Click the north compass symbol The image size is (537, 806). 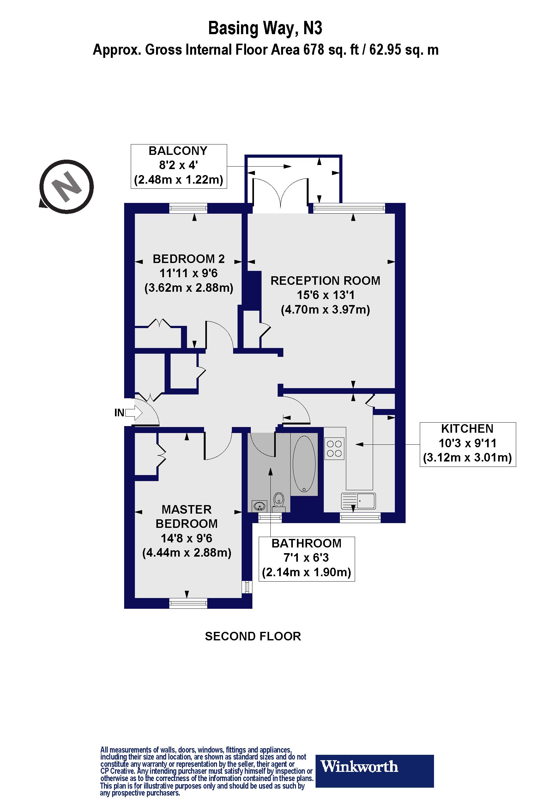coord(66,187)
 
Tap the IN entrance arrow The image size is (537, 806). coord(134,412)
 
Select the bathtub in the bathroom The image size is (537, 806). coord(305,464)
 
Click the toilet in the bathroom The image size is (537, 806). coord(279,501)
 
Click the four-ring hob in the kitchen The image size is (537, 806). coord(334,449)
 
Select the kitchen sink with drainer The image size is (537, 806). coord(359,501)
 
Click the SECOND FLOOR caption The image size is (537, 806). coord(253,636)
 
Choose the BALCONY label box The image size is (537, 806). coord(179,166)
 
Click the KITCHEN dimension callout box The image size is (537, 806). coord(468,444)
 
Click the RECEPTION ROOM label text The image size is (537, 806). coord(325,281)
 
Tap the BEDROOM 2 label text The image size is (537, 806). coord(189,259)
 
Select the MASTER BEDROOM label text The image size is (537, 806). coord(187,516)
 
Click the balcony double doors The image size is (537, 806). coord(280,194)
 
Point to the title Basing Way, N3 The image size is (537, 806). coord(265,28)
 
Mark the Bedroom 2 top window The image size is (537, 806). coord(188,208)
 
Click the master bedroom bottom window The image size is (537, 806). coord(188,603)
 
